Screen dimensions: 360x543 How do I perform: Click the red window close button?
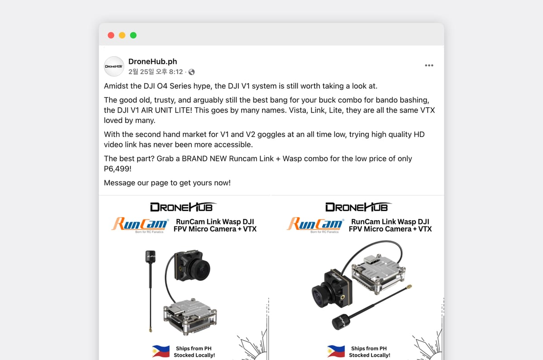pyautogui.click(x=111, y=35)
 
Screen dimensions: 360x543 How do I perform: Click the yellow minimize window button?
pyautogui.click(x=122, y=35)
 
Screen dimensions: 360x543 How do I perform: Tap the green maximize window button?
pyautogui.click(x=133, y=35)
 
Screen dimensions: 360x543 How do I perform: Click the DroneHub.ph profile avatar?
pyautogui.click(x=114, y=66)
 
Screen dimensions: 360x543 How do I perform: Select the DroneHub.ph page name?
pyautogui.click(x=152, y=62)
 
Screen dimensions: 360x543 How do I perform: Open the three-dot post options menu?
pyautogui.click(x=429, y=66)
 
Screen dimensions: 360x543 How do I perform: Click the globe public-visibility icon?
pyautogui.click(x=191, y=72)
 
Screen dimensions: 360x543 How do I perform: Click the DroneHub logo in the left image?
pyautogui.click(x=183, y=207)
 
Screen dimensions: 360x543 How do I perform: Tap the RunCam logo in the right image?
pyautogui.click(x=315, y=224)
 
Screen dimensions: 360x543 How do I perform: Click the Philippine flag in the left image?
pyautogui.click(x=161, y=351)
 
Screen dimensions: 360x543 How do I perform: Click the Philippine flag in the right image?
pyautogui.click(x=336, y=351)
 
